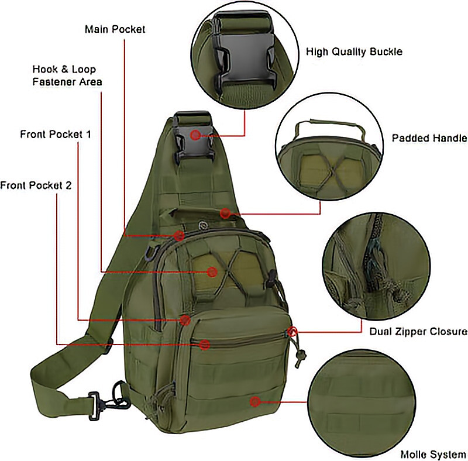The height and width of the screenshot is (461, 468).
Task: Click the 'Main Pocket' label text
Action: click(115, 29)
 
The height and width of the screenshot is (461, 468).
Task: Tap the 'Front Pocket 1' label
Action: click(56, 134)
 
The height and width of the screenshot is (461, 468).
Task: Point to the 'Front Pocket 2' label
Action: click(36, 185)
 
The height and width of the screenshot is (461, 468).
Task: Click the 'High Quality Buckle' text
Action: click(354, 51)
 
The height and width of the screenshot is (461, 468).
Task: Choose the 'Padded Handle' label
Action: click(429, 138)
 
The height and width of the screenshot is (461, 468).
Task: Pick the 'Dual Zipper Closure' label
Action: click(418, 331)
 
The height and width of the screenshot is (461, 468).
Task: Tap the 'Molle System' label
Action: click(433, 454)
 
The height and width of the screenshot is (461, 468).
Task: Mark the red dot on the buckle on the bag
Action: click(195, 135)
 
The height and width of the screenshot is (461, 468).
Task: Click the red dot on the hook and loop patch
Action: click(212, 271)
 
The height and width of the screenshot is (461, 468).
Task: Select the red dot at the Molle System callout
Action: click(254, 401)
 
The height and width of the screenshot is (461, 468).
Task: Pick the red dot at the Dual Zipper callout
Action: click(293, 332)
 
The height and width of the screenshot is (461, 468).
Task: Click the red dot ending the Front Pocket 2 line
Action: click(204, 345)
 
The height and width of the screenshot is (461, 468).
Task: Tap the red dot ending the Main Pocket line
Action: click(180, 236)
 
